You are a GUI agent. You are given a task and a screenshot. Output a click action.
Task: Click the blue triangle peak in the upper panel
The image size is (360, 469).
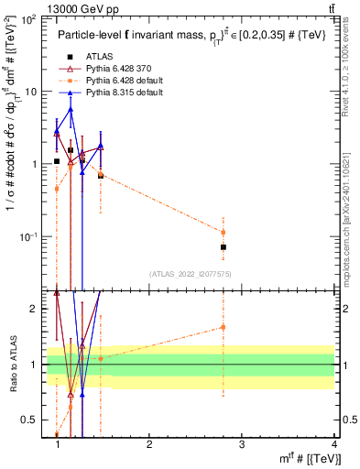[x=71, y=109]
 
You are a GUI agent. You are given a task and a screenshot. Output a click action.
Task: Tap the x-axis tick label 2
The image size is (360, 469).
[x=149, y=444]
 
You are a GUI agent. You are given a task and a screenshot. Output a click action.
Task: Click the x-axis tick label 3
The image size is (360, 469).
[x=242, y=444]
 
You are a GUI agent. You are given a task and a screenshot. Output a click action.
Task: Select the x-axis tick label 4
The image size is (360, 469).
[x=333, y=444]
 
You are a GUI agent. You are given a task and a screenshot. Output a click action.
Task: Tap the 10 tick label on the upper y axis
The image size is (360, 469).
[x=31, y=91]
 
